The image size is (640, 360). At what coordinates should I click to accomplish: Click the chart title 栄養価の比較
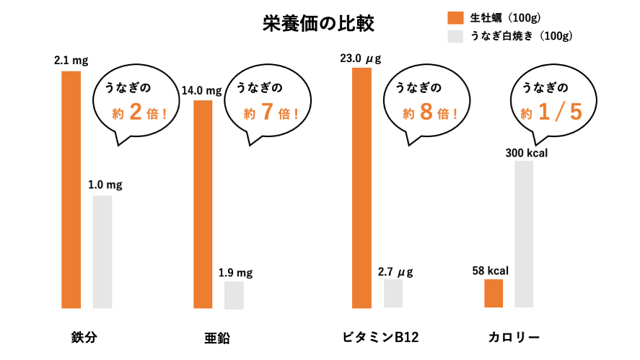318,25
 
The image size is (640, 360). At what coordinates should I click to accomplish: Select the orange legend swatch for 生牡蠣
455,17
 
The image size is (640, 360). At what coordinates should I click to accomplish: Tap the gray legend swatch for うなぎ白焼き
455,35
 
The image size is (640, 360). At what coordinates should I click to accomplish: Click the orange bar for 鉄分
71,189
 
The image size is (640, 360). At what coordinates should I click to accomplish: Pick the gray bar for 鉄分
102,252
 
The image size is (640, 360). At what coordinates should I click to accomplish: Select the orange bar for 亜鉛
203,204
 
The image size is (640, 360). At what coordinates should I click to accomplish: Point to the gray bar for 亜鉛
234,295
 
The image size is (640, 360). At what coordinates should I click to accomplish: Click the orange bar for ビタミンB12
361,188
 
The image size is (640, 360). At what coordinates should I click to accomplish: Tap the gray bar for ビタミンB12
393,294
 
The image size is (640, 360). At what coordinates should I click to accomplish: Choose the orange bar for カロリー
494,293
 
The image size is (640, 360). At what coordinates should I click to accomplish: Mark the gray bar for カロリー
524,234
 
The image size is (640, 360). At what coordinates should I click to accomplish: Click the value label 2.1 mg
71,61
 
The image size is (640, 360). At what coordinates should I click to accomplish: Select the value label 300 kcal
527,152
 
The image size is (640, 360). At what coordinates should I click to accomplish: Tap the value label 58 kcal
491,271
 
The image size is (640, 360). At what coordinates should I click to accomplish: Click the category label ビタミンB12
380,337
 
